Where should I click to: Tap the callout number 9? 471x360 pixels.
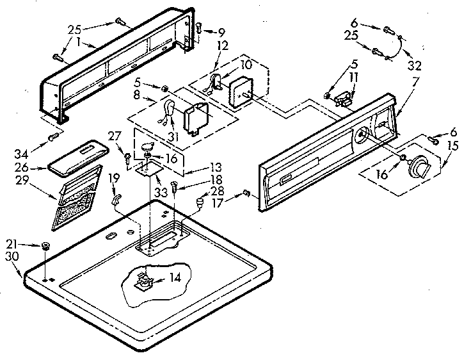tap(221, 31)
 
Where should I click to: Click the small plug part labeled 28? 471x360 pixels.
tap(199, 204)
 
